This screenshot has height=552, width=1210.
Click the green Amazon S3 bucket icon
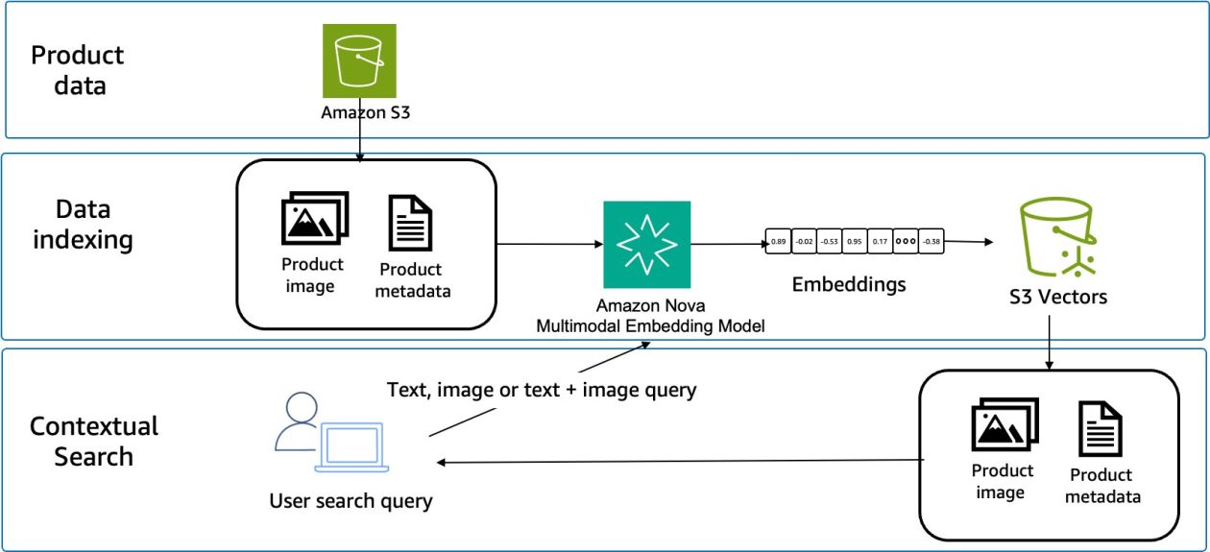(359, 60)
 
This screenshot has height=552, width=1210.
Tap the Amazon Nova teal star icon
(646, 244)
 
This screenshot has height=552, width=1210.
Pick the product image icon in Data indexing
(314, 219)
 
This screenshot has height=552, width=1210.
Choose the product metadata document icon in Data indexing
(410, 223)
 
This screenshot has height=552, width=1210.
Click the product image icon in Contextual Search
(1004, 427)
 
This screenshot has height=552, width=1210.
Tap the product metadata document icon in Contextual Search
(1101, 429)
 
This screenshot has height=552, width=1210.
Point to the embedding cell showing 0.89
(779, 242)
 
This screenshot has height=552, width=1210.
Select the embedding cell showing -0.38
(931, 242)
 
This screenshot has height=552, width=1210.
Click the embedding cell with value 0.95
(854, 242)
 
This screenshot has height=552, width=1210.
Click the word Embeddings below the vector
(848, 285)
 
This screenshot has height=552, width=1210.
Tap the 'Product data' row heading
(78, 70)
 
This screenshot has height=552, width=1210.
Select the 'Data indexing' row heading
(83, 224)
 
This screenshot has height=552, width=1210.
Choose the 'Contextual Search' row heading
(93, 441)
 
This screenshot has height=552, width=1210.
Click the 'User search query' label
(351, 500)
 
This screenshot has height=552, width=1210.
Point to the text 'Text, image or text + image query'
(541, 390)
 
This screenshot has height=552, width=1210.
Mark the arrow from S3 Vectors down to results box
(1050, 340)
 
